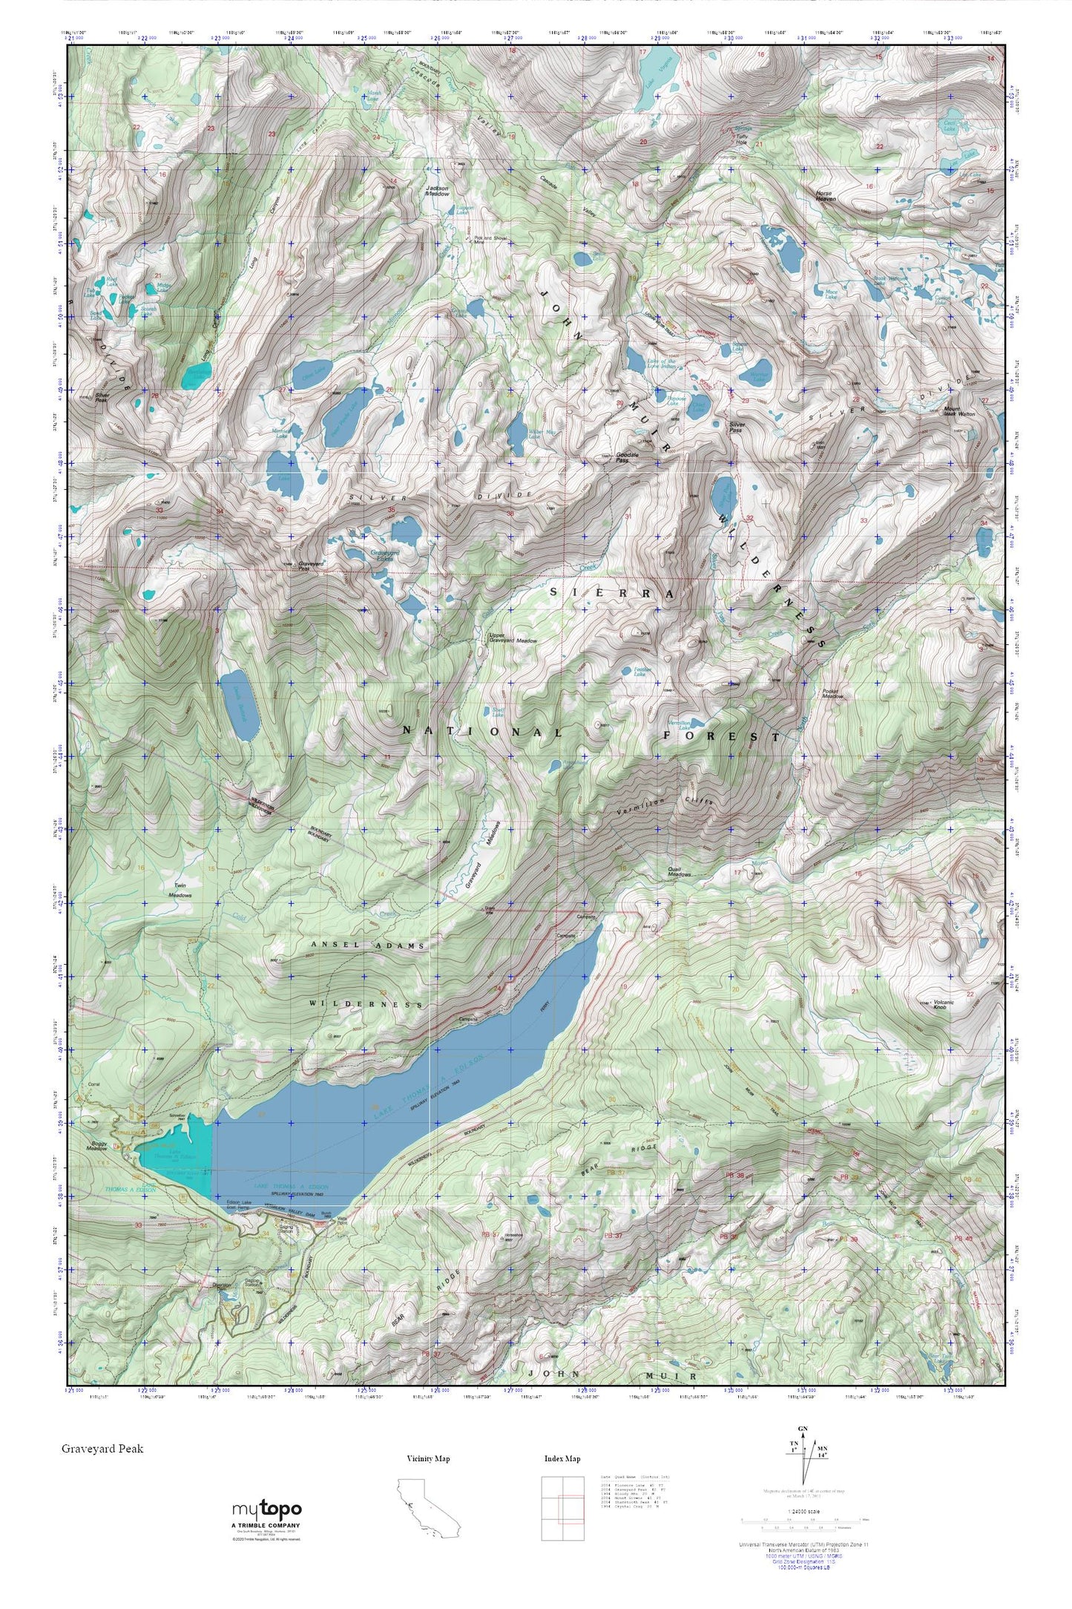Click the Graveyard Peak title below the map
point(102,1448)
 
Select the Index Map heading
point(562,1458)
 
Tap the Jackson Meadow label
point(438,191)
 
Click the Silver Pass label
point(736,427)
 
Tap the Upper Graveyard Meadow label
point(513,638)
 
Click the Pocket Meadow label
point(833,694)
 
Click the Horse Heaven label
point(825,197)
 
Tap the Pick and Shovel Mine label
point(490,240)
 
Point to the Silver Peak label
point(103,398)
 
